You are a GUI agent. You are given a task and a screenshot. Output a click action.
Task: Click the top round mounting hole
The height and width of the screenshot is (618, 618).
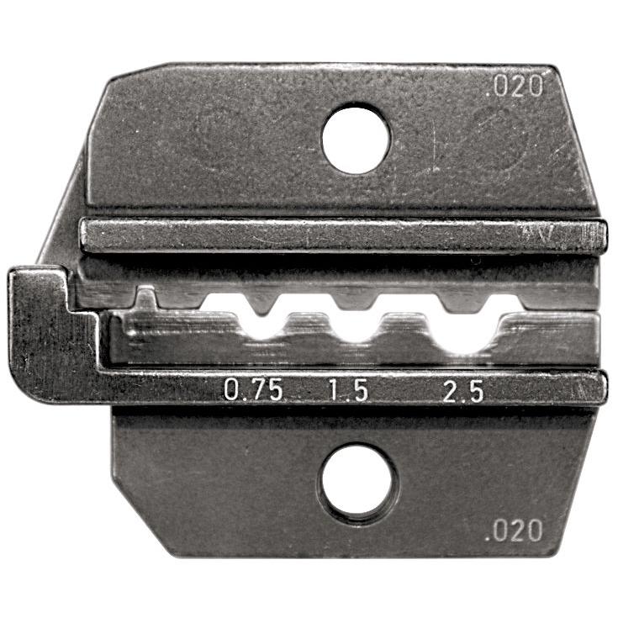(x=356, y=139)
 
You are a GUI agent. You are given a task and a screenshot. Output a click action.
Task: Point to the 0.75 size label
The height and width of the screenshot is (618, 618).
(x=252, y=390)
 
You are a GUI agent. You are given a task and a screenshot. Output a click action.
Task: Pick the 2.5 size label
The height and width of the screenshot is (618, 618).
(x=463, y=390)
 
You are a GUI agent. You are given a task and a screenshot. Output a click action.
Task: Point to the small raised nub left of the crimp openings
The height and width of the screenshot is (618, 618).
(x=148, y=298)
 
